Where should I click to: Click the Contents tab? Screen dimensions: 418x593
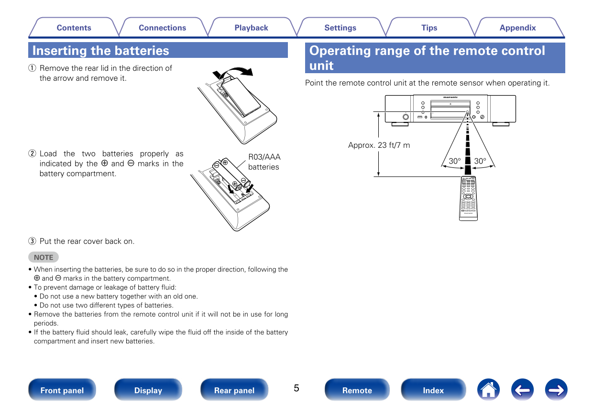74,28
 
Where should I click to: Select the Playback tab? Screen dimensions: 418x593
251,28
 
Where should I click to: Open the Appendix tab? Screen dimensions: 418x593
517,28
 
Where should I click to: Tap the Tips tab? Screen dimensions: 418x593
429,28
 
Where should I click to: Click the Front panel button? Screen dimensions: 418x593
62,390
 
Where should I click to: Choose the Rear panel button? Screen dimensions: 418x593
234,390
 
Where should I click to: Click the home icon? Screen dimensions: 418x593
488,390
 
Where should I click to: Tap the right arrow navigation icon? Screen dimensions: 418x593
556,390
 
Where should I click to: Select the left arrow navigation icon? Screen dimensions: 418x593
522,390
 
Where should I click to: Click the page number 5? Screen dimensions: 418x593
296,388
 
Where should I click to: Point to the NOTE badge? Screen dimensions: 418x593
44,257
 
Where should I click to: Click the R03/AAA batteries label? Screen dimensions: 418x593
264,162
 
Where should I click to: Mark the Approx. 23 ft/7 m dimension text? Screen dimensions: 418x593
379,145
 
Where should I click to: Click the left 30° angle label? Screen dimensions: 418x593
454,161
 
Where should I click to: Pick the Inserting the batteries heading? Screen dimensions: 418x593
101,51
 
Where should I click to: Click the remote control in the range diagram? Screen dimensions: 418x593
468,198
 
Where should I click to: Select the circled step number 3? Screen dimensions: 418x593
32,242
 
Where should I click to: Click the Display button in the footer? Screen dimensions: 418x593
148,390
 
